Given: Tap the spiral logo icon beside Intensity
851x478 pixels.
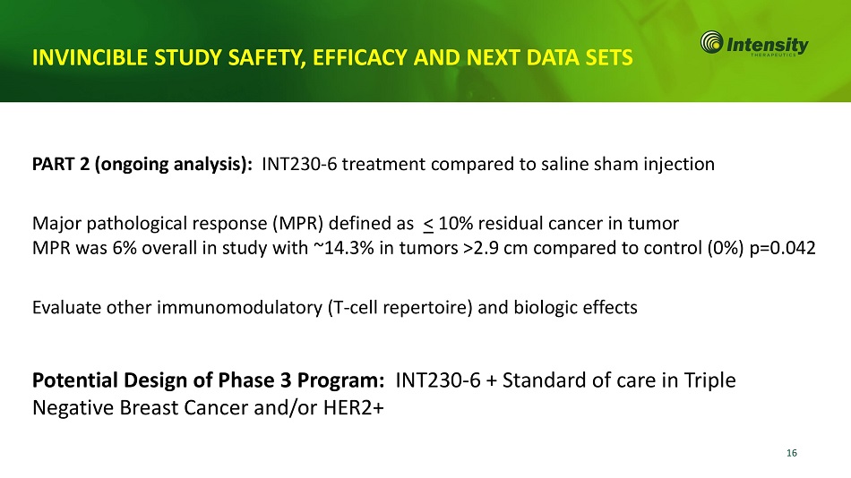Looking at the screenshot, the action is click(711, 42).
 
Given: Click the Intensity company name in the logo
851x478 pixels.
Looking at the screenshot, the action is click(768, 45).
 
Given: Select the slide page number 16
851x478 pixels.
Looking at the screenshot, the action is click(791, 453).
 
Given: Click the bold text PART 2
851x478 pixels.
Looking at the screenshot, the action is click(61, 164).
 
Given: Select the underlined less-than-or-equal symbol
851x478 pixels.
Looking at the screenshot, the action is click(428, 224).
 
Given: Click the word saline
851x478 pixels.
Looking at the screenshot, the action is click(564, 164).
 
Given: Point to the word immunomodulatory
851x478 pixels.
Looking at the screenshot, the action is click(239, 308).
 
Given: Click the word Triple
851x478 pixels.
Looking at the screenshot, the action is click(709, 380).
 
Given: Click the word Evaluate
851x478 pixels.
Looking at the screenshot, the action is click(66, 308).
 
